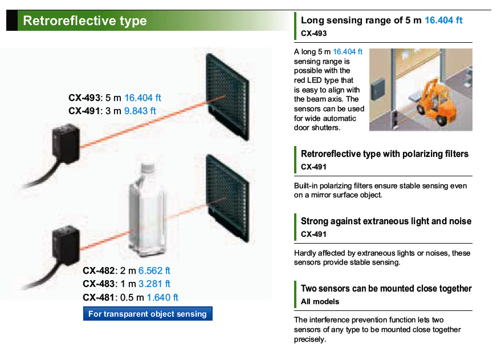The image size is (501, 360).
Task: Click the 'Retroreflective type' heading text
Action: pos(85,21)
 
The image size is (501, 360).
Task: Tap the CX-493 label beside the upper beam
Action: pos(84,98)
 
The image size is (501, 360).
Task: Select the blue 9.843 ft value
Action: pos(140,111)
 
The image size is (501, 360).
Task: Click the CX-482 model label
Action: pos(99,270)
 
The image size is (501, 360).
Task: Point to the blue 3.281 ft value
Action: pos(154,284)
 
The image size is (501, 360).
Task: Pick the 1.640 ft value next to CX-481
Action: pos(162,297)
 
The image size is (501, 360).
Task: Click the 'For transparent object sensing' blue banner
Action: pos(148,314)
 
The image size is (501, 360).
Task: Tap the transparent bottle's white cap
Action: pos(148,167)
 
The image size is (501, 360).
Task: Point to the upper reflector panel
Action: pos(227,96)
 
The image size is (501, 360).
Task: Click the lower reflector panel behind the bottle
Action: pos(227,198)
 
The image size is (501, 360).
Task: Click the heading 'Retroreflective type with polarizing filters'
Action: pos(385,154)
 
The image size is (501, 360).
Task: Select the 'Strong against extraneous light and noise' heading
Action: pos(386,221)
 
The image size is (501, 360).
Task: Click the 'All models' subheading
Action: pos(320,301)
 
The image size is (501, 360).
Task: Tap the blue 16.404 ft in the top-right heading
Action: pos(443,20)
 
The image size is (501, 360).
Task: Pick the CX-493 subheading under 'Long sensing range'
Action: pos(313,33)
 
